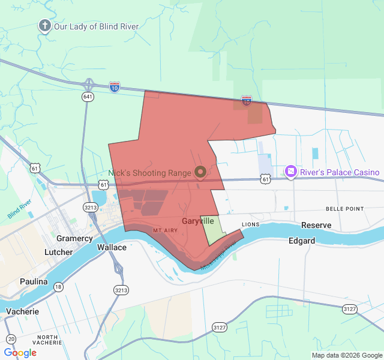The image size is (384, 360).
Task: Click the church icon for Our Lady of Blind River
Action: [x=44, y=26]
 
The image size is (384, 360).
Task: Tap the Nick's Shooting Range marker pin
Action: [x=200, y=173]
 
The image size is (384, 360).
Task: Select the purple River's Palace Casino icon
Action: [x=291, y=172]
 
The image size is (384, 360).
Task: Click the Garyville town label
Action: [x=198, y=221]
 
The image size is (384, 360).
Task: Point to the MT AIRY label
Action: [x=165, y=230]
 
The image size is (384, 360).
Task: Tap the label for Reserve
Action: [x=316, y=225]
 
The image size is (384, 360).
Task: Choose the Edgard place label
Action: [x=301, y=241]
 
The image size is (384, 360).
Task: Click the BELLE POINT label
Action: [x=344, y=209]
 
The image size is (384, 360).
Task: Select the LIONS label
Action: [x=250, y=224]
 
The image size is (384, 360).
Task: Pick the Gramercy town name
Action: [x=75, y=238]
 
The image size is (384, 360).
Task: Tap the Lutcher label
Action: [x=59, y=253]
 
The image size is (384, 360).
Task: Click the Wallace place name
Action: [x=112, y=247]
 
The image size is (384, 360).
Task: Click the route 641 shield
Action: [x=88, y=96]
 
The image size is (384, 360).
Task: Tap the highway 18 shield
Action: [x=58, y=287]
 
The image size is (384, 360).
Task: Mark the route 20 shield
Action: [x=11, y=339]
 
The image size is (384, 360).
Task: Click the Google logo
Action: [x=20, y=353]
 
